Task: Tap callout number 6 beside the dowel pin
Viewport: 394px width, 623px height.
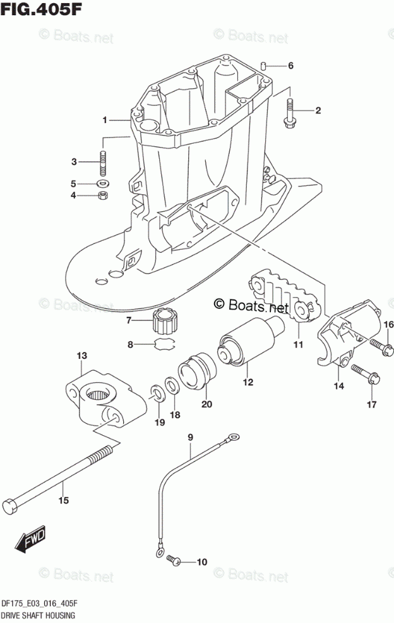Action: click(x=290, y=66)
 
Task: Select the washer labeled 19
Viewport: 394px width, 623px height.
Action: click(x=155, y=393)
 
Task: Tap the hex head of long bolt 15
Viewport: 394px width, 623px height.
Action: click(x=11, y=506)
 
